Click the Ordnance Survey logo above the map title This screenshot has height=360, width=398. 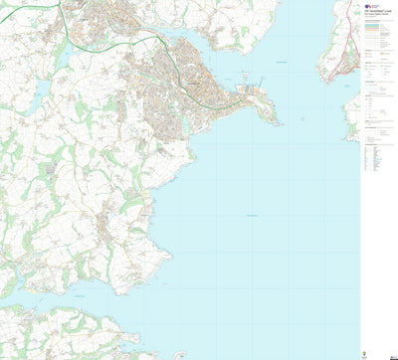coord(369,5)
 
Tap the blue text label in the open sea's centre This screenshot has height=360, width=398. coord(251,217)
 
